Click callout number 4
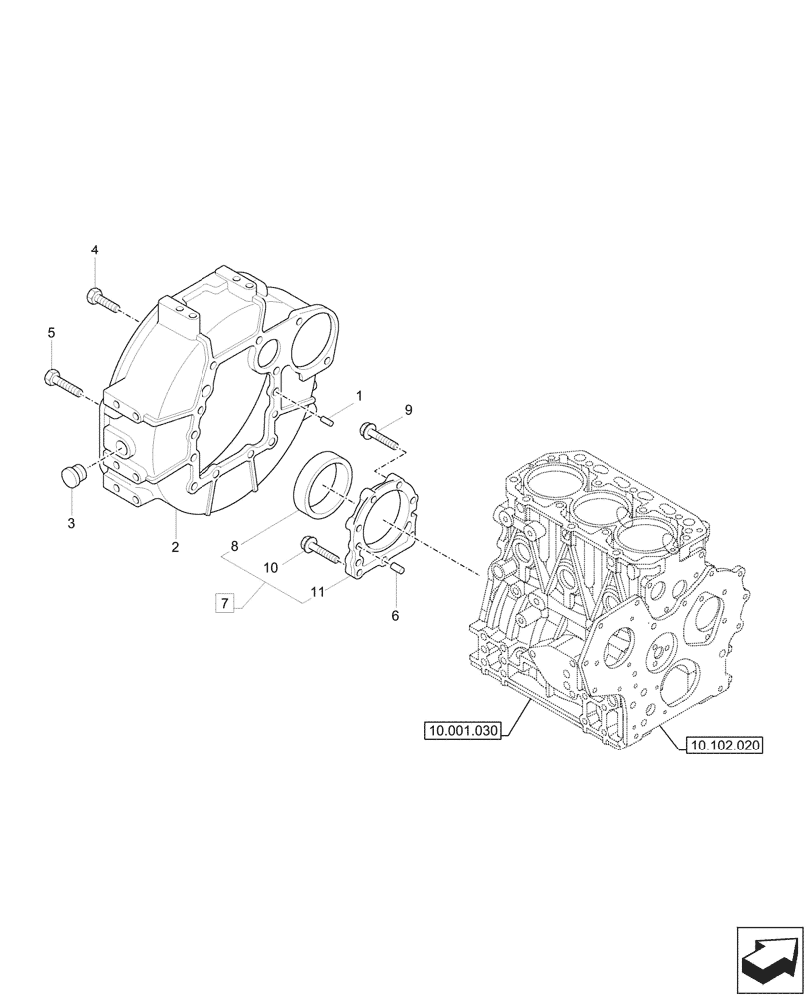95,249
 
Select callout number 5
51,332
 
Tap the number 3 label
71,522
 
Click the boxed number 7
225,602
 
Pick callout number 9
408,410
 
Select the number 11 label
317,592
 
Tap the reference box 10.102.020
723,744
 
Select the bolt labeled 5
62,379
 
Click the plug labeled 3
73,476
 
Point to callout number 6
395,616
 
